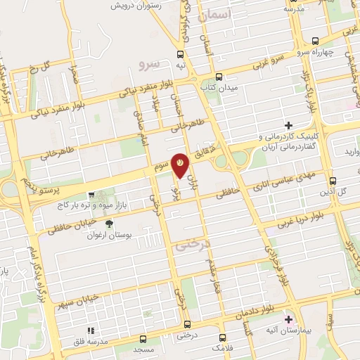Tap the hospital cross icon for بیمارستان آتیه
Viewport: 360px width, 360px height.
(x=288, y=319)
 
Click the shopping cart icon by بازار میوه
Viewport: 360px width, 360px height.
(x=91, y=196)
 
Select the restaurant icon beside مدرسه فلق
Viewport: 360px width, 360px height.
(x=89, y=330)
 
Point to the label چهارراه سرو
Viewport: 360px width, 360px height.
(x=330, y=51)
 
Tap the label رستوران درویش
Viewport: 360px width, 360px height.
(x=139, y=6)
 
